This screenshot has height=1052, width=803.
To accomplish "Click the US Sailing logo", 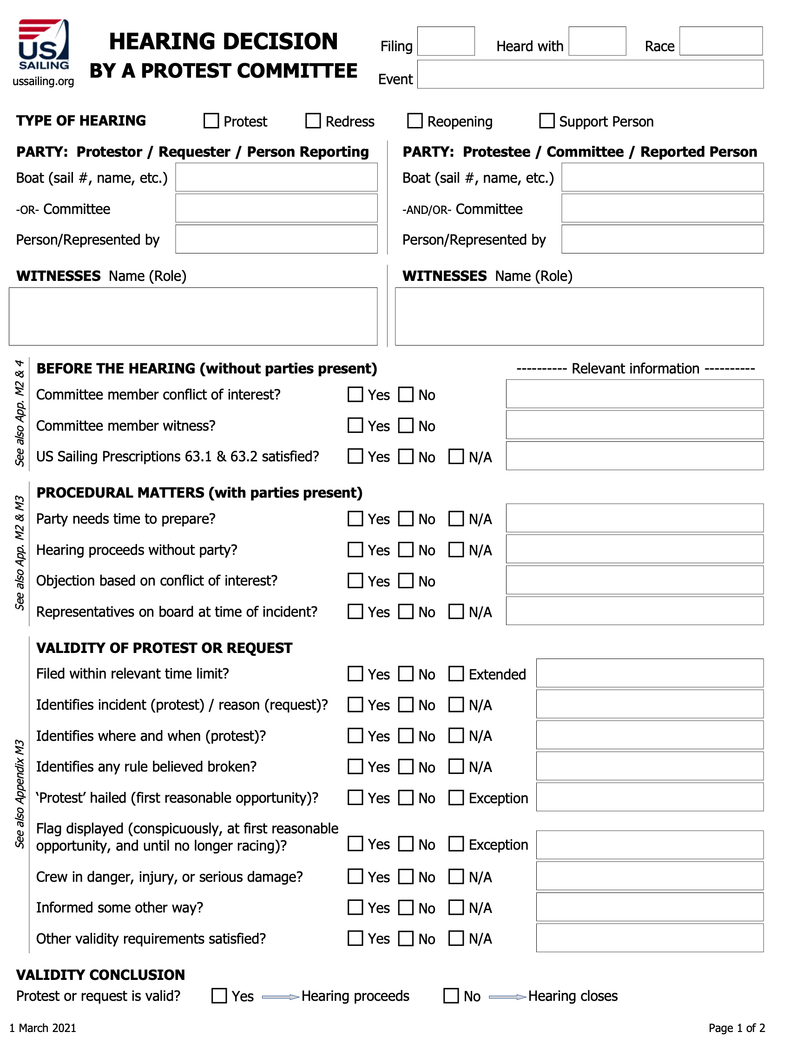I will point(44,46).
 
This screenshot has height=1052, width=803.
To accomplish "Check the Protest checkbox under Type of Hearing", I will point(211,120).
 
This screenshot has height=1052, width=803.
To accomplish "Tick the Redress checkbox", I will point(313,120).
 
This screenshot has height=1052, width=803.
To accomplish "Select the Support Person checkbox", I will point(547,120).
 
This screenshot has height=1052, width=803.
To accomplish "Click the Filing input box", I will point(446,41).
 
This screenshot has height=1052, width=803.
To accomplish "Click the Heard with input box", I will point(597,41).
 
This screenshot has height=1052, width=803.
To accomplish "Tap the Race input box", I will point(720,41).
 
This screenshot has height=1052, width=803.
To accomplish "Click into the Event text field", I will point(590,74).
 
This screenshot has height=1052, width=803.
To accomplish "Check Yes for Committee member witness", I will point(355,425).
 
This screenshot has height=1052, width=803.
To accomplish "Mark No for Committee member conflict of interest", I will point(406,394).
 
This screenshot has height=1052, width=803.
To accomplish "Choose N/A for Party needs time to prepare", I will point(456,519).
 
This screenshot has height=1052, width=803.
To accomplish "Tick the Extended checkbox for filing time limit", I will point(456,673).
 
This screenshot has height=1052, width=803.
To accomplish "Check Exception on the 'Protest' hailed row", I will point(456,798).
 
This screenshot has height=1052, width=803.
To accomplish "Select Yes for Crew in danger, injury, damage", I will point(355,876).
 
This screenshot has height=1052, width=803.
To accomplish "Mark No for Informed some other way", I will point(406,907).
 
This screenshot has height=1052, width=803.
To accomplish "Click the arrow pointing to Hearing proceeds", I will point(281,997).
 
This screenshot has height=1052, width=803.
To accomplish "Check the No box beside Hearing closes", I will point(451,996).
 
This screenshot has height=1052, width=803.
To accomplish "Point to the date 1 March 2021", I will point(43,1028).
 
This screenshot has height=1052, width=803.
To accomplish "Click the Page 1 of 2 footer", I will point(737,1028).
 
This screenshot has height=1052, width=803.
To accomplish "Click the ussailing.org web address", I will point(44,81).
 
